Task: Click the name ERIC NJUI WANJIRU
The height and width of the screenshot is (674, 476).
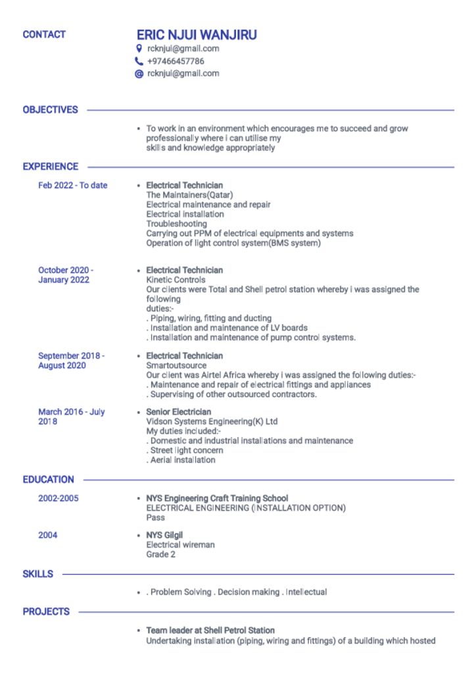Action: point(197,35)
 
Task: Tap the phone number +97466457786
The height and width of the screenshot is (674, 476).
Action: point(176,61)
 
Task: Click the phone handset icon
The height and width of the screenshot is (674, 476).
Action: point(139,61)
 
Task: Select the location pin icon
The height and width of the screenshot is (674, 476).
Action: point(139,49)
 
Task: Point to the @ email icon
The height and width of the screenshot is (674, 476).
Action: point(139,74)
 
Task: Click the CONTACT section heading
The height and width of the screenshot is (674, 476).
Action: point(44,34)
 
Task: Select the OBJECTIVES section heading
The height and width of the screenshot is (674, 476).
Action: point(50,110)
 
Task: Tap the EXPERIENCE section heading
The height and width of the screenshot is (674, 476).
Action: point(51,167)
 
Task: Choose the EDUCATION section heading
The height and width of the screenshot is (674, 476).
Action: point(48,480)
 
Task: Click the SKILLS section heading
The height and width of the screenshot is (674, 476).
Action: point(38,574)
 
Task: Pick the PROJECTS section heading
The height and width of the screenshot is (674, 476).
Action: point(46,611)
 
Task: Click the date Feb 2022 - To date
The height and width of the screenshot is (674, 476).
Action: point(72,186)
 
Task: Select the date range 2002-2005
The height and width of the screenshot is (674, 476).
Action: point(58,498)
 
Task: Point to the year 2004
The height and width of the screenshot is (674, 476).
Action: point(47,535)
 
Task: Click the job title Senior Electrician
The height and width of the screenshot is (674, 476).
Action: point(178,412)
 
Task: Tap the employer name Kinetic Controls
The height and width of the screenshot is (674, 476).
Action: point(176,280)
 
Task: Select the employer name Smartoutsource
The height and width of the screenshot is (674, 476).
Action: point(176,365)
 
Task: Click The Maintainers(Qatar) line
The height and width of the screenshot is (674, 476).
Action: point(189,195)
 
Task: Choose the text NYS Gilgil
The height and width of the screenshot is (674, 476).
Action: point(164,535)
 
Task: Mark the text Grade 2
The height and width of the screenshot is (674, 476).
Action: point(160,554)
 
